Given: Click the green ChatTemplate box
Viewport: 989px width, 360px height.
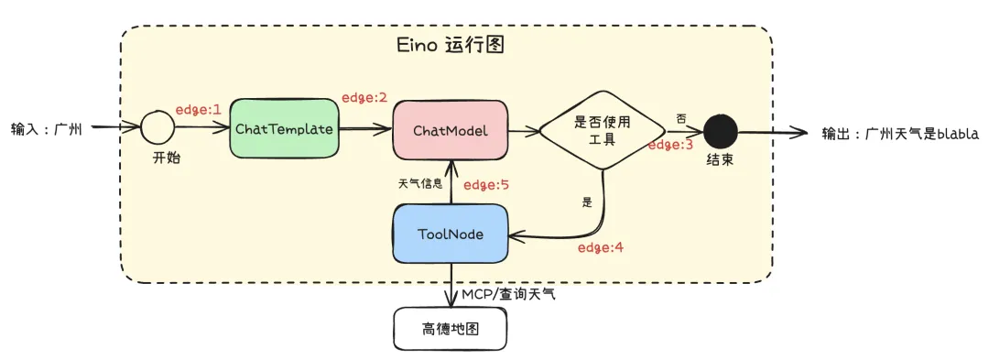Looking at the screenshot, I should pyautogui.click(x=283, y=129).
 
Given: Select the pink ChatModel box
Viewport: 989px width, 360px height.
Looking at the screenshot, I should pyautogui.click(x=450, y=130).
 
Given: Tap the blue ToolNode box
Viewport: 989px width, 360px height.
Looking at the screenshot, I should pyautogui.click(x=450, y=235).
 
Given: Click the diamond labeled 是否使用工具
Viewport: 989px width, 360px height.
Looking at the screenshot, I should pyautogui.click(x=601, y=130).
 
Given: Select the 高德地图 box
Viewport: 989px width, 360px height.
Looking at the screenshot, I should pyautogui.click(x=449, y=328).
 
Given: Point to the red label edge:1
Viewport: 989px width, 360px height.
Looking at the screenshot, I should pyautogui.click(x=198, y=109).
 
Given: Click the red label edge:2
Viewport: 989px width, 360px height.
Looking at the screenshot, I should pyautogui.click(x=364, y=97).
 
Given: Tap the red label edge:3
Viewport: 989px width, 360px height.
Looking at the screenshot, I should pyautogui.click(x=672, y=144).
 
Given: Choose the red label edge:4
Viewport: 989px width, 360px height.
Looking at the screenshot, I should pyautogui.click(x=600, y=247).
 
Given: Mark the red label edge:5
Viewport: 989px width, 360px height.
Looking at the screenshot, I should pyautogui.click(x=485, y=185).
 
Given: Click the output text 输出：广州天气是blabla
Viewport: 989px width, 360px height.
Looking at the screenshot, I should pyautogui.click(x=900, y=134).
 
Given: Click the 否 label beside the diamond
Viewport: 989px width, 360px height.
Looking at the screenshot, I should pyautogui.click(x=680, y=118).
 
